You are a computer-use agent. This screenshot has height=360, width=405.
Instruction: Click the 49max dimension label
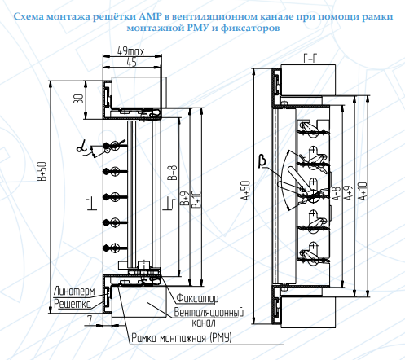point(130,51)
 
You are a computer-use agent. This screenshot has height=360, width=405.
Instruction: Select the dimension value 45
point(131,63)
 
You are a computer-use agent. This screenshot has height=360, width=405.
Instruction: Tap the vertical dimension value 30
point(78,99)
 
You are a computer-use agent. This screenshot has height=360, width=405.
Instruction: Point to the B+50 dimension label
point(42,171)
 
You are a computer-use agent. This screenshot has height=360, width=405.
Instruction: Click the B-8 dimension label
point(173,173)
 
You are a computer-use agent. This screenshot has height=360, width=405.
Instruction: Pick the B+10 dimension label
point(196,199)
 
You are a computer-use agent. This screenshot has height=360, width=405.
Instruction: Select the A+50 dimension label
point(246,191)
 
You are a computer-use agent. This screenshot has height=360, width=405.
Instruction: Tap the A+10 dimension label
point(363,191)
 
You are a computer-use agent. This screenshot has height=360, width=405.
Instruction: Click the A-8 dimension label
point(337,193)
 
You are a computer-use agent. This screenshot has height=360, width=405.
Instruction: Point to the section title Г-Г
point(310,58)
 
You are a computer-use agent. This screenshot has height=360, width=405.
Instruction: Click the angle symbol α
point(81,148)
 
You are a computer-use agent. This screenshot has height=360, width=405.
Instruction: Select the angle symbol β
point(262,161)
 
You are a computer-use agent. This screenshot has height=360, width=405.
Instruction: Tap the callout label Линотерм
point(74,292)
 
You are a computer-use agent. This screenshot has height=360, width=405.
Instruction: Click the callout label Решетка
point(73,304)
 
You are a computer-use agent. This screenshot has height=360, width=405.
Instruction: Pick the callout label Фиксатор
point(197,298)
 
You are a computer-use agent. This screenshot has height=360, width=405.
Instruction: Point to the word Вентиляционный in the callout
point(209,313)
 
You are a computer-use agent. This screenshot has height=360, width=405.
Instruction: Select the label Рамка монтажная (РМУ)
point(182,338)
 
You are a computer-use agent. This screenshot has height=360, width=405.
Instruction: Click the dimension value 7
point(90,321)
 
